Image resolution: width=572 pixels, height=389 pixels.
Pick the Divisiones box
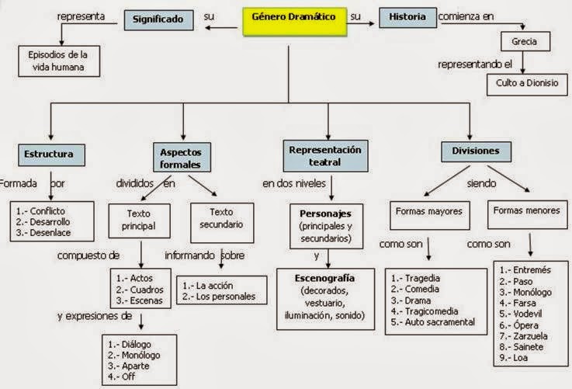[471, 150]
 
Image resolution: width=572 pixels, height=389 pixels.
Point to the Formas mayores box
[429, 210]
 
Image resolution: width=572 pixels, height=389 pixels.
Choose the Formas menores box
[525, 210]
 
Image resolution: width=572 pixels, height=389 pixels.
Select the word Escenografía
[327, 277]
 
